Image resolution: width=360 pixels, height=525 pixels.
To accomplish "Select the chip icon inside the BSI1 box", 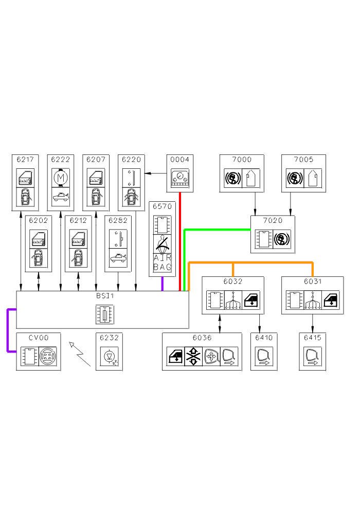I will (104, 314).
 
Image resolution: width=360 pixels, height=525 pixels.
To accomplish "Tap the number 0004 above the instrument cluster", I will (179, 160).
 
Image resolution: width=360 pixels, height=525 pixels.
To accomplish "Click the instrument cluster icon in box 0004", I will (179, 179).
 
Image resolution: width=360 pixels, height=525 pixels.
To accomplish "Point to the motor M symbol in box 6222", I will (61, 178).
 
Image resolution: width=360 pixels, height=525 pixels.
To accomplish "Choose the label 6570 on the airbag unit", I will (162, 206).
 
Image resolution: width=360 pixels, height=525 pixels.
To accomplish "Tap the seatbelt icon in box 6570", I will (163, 242).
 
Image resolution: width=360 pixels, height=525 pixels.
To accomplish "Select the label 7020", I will (273, 220).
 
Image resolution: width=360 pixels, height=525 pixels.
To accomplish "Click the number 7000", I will (242, 160).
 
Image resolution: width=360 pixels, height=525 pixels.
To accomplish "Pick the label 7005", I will (303, 160).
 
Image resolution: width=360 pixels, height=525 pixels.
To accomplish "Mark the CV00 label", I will (39, 338).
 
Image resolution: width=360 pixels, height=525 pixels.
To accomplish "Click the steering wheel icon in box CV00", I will (48, 356).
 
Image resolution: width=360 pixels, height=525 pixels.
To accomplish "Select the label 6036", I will (202, 338).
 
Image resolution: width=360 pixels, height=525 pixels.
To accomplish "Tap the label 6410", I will (263, 338).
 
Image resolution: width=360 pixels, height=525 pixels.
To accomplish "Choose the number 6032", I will (233, 282).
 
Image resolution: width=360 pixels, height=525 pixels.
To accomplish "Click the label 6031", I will (313, 282).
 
